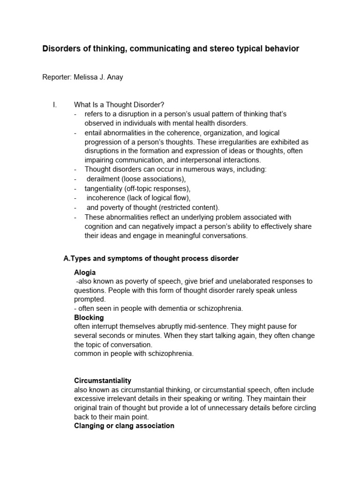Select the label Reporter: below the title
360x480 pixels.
coord(57,77)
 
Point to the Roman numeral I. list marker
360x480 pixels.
coord(55,105)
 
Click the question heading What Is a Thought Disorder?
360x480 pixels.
coord(119,105)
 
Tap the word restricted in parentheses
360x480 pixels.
coord(174,207)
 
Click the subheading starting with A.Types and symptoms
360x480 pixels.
coord(151,259)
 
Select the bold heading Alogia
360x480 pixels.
coord(85,272)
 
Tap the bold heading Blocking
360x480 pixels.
coord(89,317)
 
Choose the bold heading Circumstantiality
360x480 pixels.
coord(103,381)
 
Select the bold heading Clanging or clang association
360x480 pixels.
coord(124,426)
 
